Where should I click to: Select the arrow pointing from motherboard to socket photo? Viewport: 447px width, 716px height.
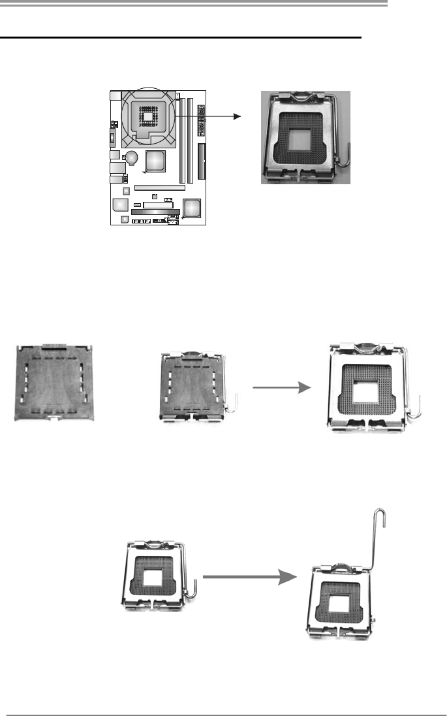[209, 116]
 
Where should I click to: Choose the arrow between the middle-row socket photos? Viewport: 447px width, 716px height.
[279, 387]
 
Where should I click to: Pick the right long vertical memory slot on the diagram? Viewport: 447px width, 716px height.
[191, 140]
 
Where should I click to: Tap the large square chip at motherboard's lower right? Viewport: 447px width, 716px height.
[191, 208]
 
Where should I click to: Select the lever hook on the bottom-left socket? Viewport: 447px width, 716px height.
[194, 586]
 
